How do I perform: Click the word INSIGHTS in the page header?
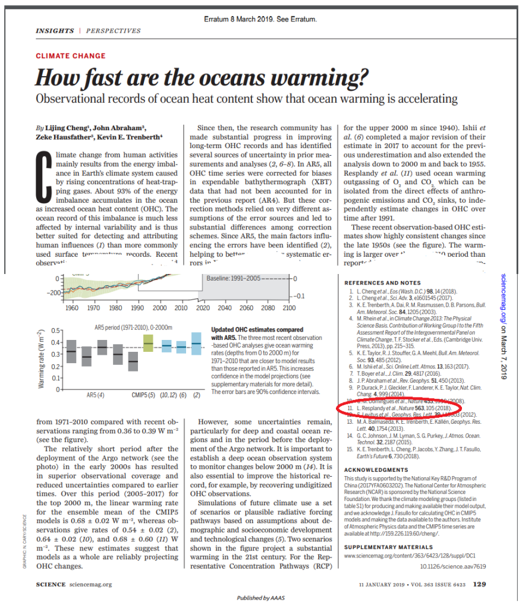tap(54, 30)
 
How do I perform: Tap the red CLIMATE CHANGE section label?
tap(71, 56)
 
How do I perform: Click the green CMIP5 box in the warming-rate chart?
tap(149, 343)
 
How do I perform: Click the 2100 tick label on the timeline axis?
tap(289, 308)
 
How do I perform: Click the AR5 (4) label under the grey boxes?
tap(96, 394)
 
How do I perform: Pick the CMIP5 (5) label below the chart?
tap(143, 394)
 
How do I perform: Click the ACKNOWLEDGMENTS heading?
tap(376, 470)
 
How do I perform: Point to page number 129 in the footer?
tap(479, 584)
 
